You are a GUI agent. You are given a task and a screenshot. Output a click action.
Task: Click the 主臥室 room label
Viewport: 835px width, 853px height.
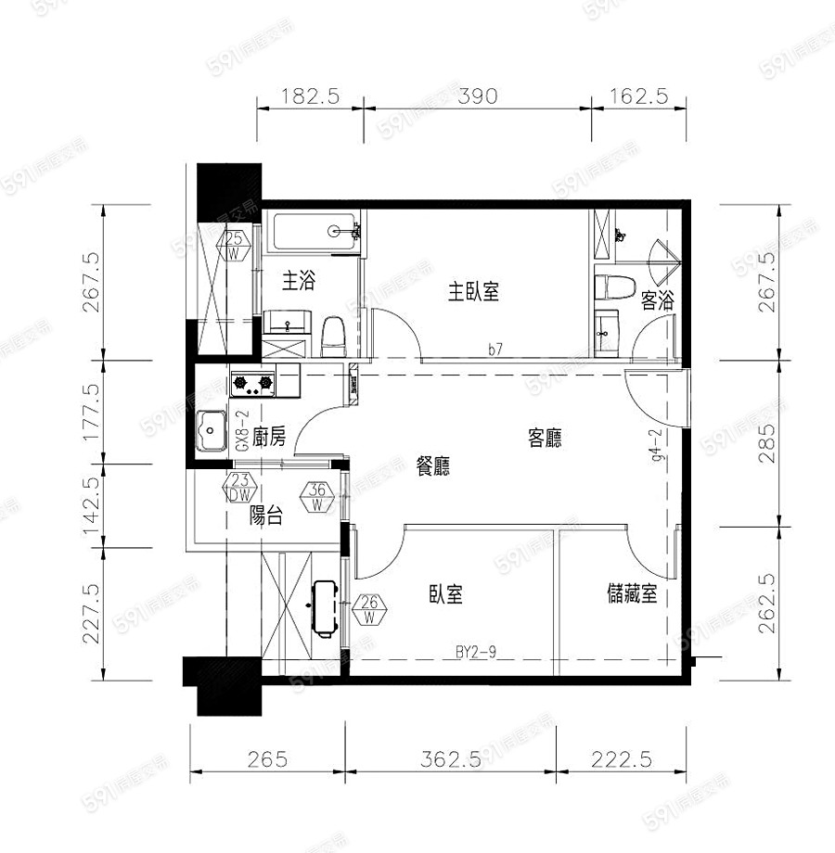tap(474, 292)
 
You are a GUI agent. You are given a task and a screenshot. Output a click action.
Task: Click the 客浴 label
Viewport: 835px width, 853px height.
tap(656, 299)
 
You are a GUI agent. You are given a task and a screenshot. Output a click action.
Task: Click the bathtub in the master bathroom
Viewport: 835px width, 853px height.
tap(314, 232)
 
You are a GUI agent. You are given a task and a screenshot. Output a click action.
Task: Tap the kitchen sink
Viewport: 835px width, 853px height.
tap(213, 430)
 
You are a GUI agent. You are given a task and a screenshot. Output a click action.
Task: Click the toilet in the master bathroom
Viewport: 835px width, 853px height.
tap(332, 335)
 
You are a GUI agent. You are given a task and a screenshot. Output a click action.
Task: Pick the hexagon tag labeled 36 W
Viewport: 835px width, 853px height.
tap(317, 498)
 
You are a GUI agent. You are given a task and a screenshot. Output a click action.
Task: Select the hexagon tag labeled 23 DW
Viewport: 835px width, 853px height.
tap(240, 488)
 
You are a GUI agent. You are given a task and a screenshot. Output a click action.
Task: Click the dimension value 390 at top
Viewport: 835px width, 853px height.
tap(478, 95)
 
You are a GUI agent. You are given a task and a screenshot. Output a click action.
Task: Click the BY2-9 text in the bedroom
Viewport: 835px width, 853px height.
tap(477, 653)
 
